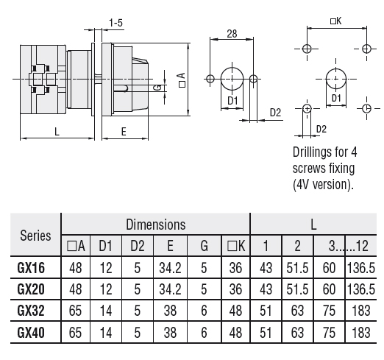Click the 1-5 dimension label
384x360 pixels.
point(115,23)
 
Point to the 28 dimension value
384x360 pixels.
point(232,34)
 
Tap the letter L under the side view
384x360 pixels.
point(57,132)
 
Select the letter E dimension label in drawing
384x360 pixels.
point(124,132)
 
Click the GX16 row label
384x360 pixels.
point(31,268)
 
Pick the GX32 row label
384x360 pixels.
point(31,311)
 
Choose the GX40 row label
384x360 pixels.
point(31,333)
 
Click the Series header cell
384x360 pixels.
point(35,236)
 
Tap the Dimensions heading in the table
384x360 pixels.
point(156,225)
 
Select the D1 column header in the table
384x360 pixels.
point(105,246)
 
